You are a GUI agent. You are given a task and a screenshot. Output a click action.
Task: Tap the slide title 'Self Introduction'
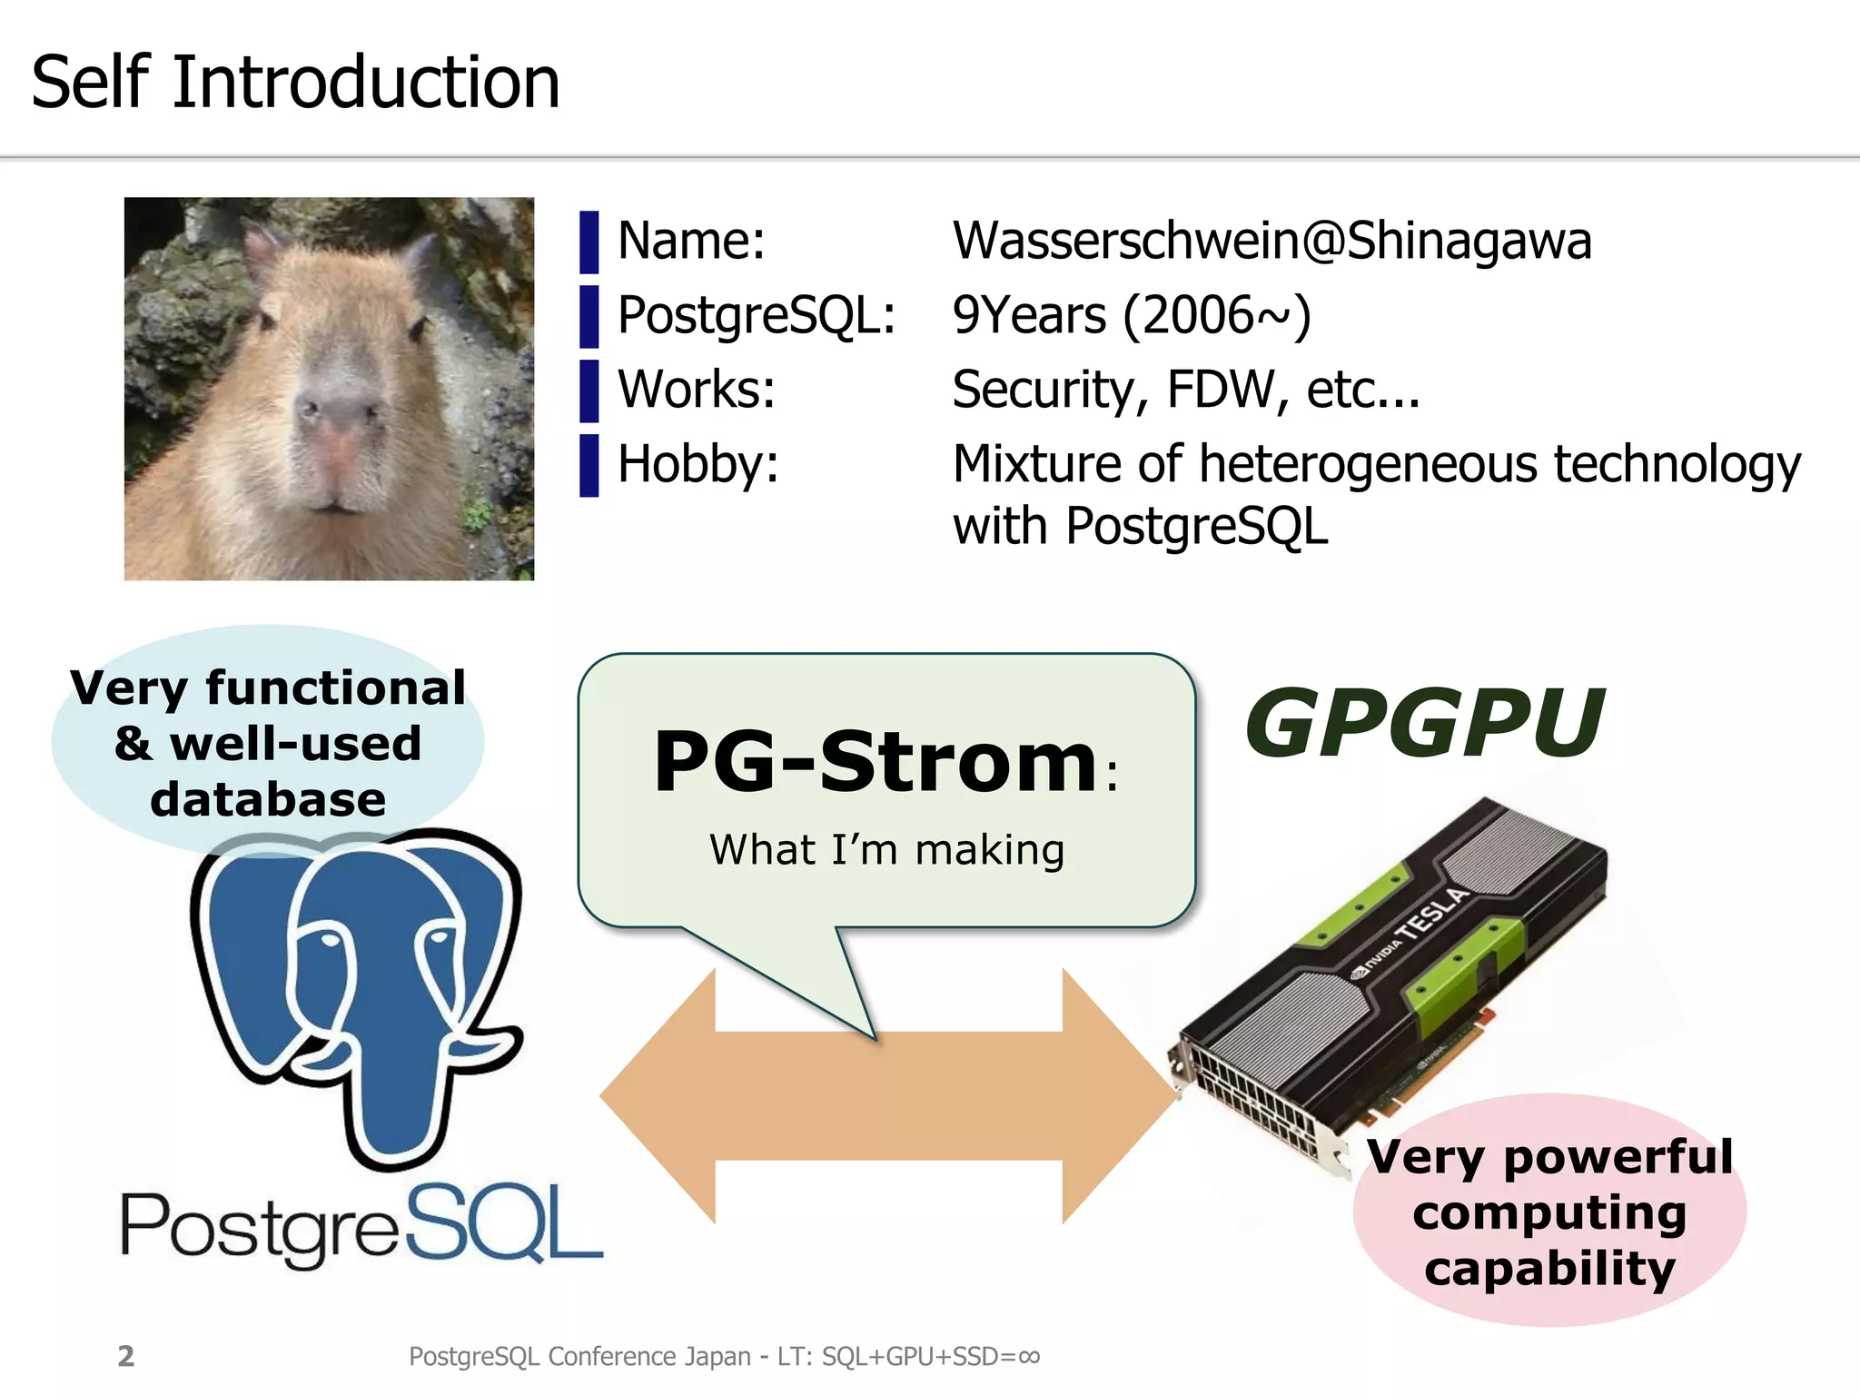[295, 82]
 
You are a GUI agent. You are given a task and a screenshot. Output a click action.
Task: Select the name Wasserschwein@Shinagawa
[1271, 241]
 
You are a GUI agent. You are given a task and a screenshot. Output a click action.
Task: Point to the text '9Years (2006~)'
[1132, 315]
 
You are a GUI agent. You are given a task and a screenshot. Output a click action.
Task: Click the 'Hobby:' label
[697, 464]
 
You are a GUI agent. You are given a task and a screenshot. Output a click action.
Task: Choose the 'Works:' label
[696, 390]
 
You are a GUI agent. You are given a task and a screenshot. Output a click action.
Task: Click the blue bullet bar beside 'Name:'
[589, 242]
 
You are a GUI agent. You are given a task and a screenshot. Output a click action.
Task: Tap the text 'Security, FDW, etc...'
[1185, 390]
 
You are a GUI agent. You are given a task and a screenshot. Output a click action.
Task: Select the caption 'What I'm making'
[886, 850]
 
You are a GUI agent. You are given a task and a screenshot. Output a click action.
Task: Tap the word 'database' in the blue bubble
[268, 799]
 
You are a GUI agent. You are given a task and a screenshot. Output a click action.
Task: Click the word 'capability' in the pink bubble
[1549, 1268]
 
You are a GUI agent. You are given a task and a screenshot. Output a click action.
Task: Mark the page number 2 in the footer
[126, 1356]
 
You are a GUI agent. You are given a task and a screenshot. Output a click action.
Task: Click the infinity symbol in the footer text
[1029, 1357]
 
